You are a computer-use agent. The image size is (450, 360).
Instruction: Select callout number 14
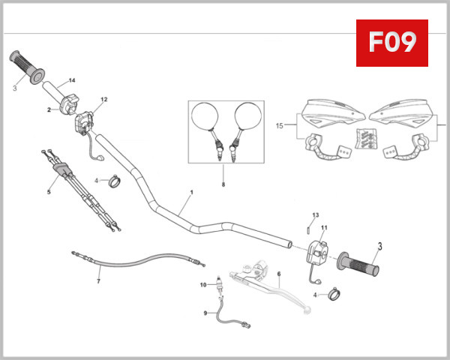73,80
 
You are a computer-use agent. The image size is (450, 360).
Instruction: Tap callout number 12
104,99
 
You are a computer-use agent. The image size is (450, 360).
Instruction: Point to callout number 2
49,110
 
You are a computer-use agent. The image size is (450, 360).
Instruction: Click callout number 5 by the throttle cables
49,191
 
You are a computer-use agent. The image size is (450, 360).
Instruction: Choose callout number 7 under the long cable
98,281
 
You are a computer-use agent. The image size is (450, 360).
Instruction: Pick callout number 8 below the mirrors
223,184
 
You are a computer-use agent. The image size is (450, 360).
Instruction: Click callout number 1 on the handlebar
191,193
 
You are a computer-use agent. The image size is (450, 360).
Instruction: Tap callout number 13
316,215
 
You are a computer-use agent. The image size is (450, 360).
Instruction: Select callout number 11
325,227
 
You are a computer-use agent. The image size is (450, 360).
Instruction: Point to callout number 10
202,285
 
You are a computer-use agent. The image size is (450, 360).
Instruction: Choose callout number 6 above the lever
279,274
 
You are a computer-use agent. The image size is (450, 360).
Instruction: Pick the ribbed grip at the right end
361,264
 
